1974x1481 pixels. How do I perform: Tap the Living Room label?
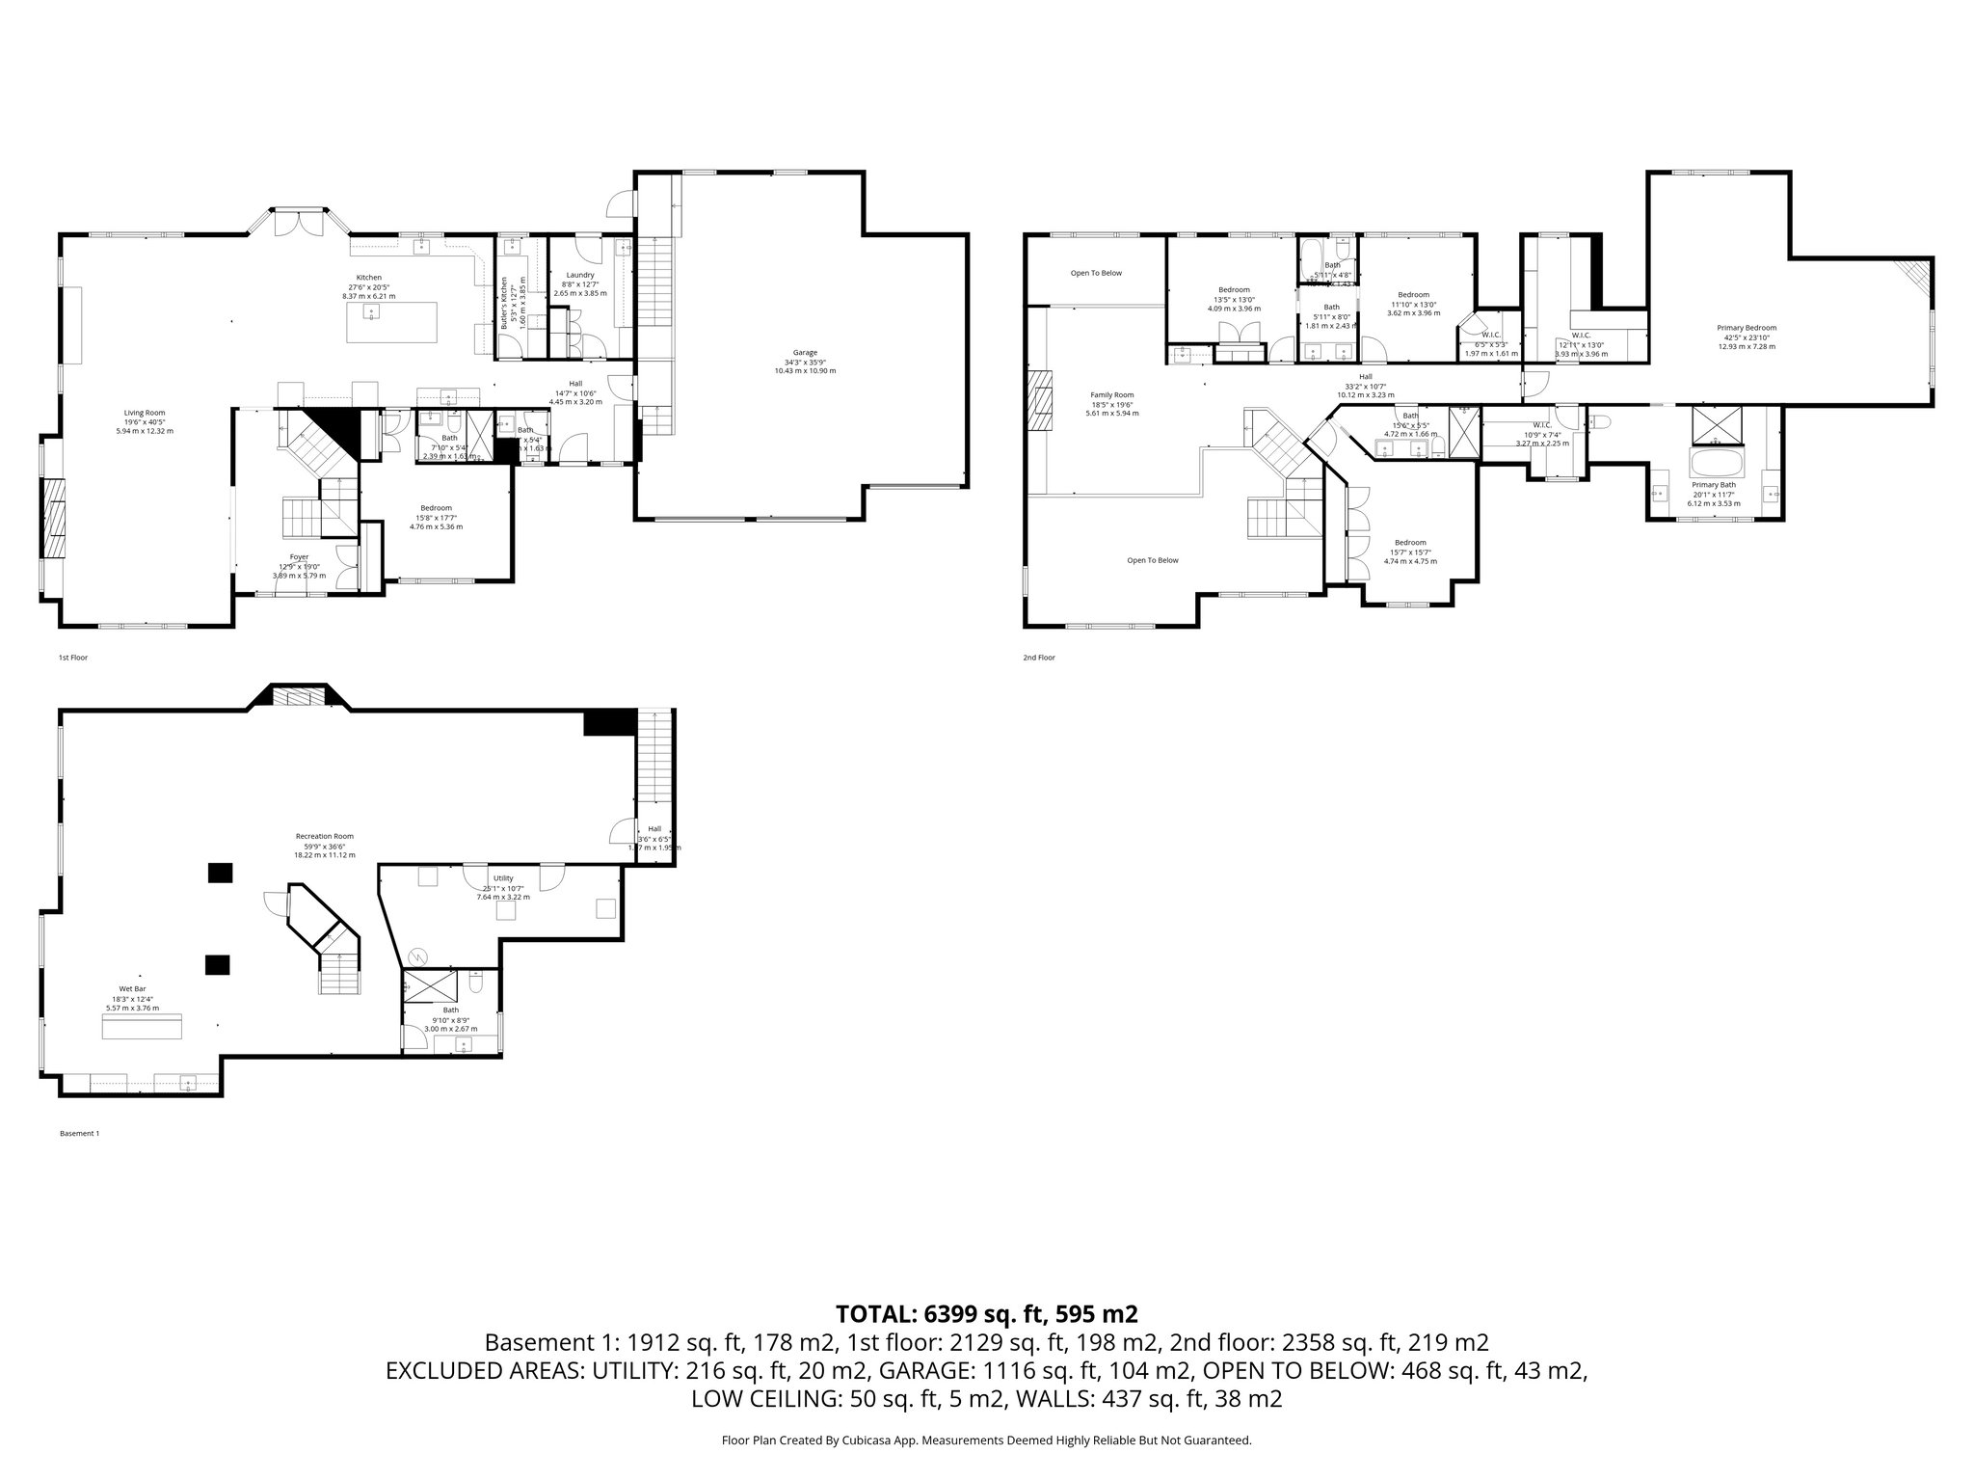pos(144,413)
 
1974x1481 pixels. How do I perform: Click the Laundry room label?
pos(579,275)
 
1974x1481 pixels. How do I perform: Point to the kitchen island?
pos(391,322)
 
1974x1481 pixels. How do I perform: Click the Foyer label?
pos(299,556)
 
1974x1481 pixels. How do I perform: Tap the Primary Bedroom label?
pos(1746,328)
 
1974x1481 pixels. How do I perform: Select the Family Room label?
pos(1111,394)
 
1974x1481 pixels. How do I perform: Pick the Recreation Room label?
pos(324,836)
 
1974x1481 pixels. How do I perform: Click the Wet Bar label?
pos(132,989)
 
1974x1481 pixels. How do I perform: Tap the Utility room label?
pos(503,878)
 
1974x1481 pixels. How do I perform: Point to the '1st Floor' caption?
pos(73,658)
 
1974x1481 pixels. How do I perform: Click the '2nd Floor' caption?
pos(1039,658)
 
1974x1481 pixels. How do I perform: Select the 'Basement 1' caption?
pos(79,1134)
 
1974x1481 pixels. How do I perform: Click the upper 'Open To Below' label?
pos(1096,273)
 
